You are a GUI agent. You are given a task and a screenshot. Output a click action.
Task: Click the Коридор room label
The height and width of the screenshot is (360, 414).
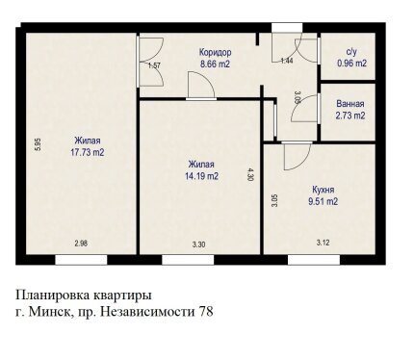pos(215,52)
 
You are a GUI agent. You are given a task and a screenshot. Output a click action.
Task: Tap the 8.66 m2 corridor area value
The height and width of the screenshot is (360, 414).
pos(215,64)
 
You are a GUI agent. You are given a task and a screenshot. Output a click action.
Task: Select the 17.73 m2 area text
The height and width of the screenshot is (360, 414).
pos(88,152)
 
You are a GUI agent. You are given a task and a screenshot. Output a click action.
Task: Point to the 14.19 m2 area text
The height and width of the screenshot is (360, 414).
pos(201,176)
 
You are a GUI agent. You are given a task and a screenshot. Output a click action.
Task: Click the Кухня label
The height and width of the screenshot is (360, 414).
pos(323,190)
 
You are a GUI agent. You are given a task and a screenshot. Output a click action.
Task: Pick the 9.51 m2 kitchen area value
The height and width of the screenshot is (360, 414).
pos(323,201)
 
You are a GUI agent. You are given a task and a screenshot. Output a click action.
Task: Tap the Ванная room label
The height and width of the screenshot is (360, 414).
pos(350,104)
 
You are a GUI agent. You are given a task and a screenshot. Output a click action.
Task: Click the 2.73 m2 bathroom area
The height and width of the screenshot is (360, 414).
pos(350,116)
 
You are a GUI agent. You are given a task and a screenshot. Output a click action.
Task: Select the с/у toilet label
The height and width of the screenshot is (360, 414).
pos(351,52)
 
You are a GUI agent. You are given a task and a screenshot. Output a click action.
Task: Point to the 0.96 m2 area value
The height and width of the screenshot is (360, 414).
pos(351,64)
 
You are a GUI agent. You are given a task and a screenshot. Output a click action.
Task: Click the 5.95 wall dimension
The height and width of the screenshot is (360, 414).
pos(38,144)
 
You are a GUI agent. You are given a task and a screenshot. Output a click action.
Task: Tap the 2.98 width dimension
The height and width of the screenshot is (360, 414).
pos(81,244)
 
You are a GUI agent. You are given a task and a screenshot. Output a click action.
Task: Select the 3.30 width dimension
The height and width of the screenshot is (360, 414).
pos(198,244)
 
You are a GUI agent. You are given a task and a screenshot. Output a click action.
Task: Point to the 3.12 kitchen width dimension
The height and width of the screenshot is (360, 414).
pos(323,243)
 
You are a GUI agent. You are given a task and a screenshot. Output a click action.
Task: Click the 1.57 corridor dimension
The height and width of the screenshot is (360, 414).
pos(154,65)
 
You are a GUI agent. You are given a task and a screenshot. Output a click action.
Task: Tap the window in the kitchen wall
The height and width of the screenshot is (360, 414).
pos(314,260)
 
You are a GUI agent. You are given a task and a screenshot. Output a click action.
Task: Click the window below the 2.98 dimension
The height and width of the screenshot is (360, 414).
pos(81,260)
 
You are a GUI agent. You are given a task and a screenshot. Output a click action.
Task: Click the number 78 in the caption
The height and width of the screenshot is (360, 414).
pos(206,311)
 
